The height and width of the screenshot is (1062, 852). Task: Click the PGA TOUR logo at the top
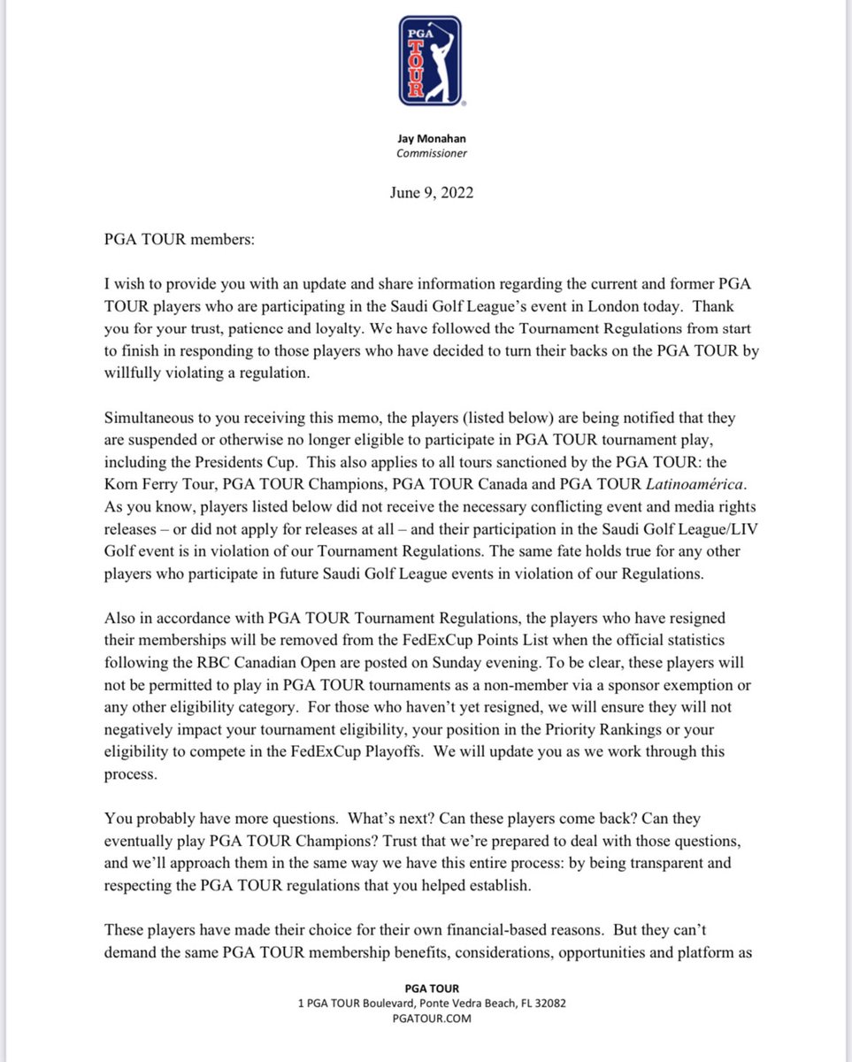coord(429,60)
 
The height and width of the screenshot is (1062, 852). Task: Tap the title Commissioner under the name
coord(429,153)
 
